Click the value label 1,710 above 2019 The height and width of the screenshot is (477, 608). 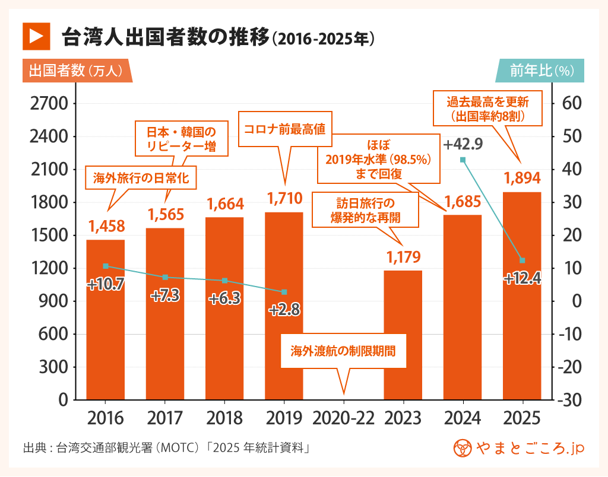(x=284, y=198)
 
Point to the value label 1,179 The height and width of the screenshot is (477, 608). (x=403, y=257)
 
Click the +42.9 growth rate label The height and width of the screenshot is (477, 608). (x=463, y=144)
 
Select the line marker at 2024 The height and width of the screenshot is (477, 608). (x=463, y=160)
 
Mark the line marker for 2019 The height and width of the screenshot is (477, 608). (x=284, y=292)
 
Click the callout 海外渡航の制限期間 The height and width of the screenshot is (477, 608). (x=343, y=350)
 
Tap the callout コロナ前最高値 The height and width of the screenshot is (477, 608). (x=285, y=128)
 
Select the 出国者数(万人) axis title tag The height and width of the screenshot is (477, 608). (x=76, y=71)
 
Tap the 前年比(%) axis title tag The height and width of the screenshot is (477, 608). (x=540, y=71)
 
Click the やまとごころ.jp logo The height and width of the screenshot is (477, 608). (x=518, y=449)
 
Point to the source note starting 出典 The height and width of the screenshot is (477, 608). (x=166, y=448)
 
